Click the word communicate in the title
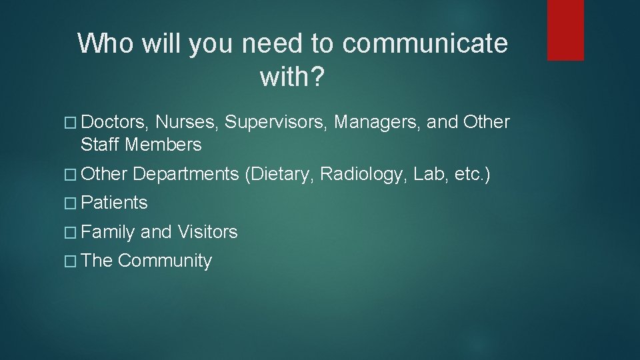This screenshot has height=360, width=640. pos(425,44)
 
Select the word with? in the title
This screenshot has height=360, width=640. pos(292,78)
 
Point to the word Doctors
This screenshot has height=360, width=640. pos(116,123)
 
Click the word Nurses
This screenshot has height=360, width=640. pos(188,123)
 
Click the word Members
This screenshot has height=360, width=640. pos(163,145)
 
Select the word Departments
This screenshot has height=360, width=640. pos(185,174)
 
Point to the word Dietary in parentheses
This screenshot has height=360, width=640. pos(279,174)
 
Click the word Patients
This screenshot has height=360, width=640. pos(115,203)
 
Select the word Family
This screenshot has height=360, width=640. pos(109,232)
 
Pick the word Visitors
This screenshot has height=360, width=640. pos(207,232)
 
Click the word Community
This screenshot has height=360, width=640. pos(165,261)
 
